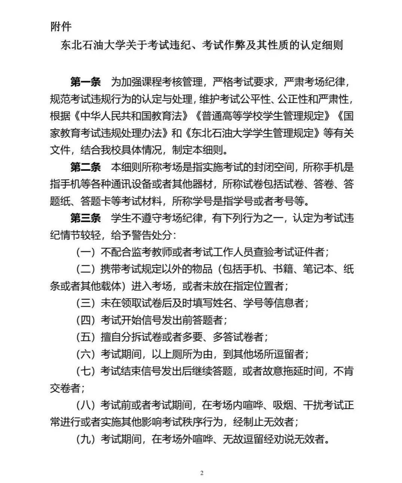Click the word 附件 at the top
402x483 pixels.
click(61, 27)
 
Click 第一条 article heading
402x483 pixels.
click(85, 82)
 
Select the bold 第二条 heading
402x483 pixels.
click(85, 167)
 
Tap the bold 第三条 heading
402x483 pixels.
click(85, 218)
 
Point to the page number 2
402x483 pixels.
click(202, 473)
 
